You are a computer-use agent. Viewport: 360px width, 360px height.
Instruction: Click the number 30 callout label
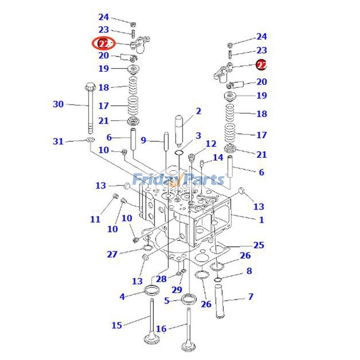point(58,104)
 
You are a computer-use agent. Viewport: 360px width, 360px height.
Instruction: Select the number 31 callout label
point(58,142)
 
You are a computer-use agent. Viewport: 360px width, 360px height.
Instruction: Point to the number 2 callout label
point(198,111)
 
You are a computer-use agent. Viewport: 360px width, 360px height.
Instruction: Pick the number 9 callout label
point(144,140)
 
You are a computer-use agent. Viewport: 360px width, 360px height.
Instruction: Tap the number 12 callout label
point(211,144)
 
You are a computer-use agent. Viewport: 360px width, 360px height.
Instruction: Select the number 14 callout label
point(218,157)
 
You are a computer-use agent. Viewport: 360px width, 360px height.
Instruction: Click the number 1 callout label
point(261,220)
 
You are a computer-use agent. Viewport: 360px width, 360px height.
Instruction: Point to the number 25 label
point(259,245)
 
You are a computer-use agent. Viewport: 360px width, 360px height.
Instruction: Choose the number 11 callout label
point(95,219)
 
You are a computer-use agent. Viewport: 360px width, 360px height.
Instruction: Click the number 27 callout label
point(112,254)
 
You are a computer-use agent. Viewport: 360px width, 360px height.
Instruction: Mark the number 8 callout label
point(249,271)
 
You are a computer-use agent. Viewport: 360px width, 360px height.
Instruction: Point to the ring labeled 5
point(188,298)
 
